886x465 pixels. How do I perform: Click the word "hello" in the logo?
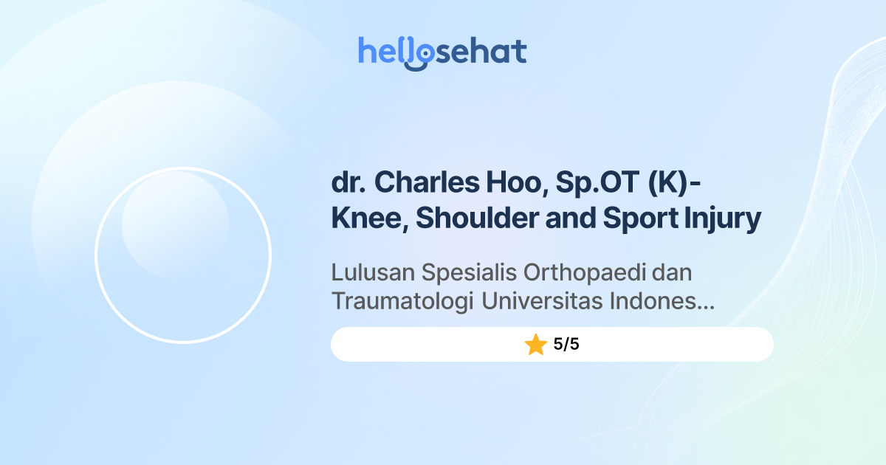(x=391, y=52)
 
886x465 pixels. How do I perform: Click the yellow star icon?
(x=535, y=345)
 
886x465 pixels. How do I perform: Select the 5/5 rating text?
(x=566, y=345)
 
